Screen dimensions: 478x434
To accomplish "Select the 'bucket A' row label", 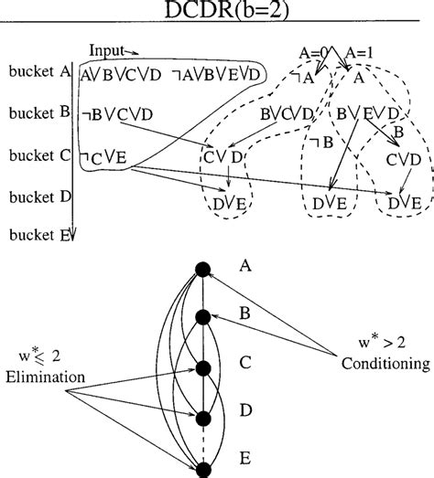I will click(37, 70).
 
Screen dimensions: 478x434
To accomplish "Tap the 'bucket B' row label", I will click(37, 113).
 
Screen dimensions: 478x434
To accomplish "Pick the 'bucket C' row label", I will click(37, 156).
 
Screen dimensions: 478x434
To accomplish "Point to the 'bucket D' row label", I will click(37, 195).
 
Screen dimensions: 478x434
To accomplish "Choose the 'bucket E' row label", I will click(37, 235).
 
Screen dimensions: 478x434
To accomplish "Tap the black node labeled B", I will click(202, 316).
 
